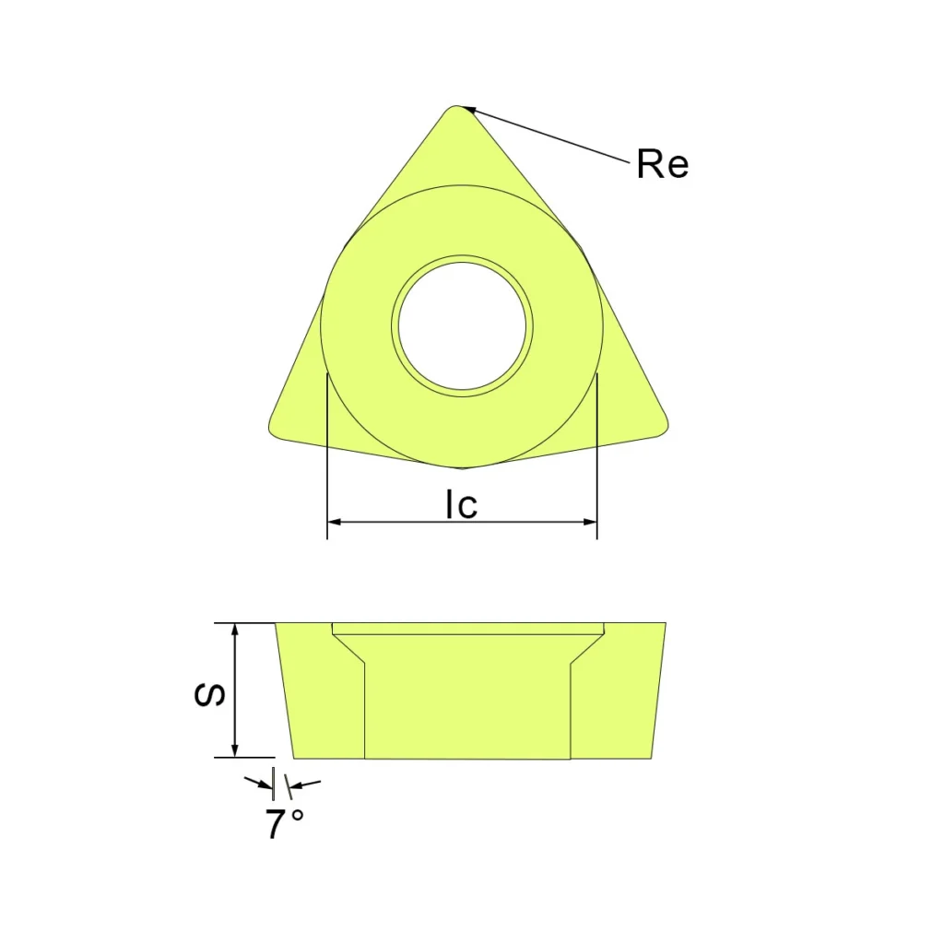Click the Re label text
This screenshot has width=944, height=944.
click(662, 165)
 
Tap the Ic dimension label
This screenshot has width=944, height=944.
click(461, 504)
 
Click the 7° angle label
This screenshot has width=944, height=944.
click(285, 824)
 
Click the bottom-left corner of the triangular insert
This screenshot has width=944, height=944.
click(274, 430)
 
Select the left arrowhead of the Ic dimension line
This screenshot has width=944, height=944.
click(335, 522)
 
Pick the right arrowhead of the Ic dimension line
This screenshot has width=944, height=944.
click(590, 522)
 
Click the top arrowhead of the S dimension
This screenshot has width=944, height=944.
click(235, 630)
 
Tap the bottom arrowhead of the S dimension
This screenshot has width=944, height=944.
click(235, 750)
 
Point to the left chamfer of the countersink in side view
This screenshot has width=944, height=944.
click(348, 649)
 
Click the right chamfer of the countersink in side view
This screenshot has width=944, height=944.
click(586, 649)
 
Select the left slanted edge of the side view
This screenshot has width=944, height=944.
click(285, 691)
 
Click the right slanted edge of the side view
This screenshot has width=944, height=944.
click(658, 691)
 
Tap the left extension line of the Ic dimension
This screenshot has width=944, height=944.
click(327, 461)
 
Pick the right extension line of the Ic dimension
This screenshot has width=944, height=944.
click(597, 461)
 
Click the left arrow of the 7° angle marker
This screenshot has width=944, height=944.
click(261, 785)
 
